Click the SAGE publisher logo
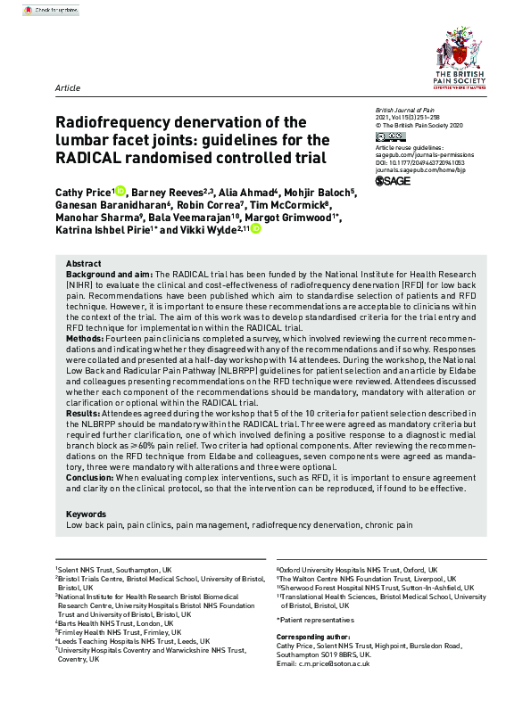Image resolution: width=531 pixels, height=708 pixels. pos(395,181)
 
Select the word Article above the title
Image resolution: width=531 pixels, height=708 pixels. pos(68,88)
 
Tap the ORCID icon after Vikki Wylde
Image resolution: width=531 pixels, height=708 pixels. pos(256,229)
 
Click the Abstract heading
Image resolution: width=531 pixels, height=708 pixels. pos(84,263)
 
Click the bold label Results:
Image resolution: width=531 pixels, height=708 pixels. pos(85,415)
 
